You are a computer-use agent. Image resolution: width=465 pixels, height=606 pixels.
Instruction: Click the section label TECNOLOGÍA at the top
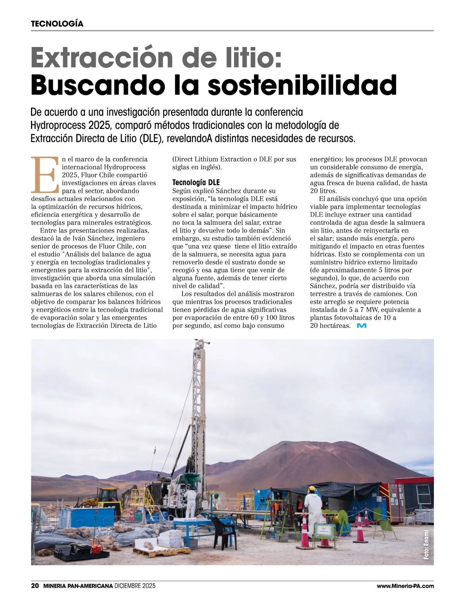57,23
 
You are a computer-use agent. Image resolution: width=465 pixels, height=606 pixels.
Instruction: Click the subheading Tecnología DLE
196,182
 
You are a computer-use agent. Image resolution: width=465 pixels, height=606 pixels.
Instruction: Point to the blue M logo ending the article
362,326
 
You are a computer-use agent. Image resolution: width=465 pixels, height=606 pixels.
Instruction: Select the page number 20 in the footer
34,586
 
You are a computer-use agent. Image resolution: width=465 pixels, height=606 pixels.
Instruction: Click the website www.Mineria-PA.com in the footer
405,586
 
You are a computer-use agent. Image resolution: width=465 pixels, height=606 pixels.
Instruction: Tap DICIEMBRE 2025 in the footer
135,586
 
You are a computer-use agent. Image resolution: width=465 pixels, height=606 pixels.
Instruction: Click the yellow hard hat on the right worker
312,489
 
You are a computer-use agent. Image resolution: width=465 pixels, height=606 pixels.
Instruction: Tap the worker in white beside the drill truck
190,503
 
